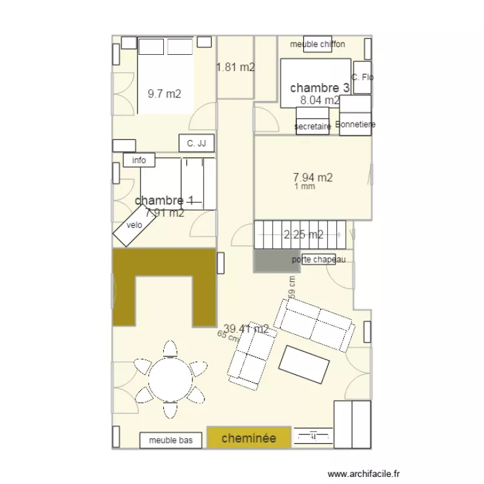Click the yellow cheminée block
[248, 438]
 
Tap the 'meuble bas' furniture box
[171, 440]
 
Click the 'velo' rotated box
[134, 225]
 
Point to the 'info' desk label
[139, 160]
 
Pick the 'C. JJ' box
[196, 143]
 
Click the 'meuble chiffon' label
[318, 44]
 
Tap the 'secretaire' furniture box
[312, 126]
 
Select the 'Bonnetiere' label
[356, 124]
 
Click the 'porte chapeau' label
[318, 259]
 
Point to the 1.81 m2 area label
[235, 67]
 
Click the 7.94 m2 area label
[312, 177]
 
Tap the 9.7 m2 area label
[164, 94]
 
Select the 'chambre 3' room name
[319, 88]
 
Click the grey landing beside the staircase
[272, 261]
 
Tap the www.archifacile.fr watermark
[364, 474]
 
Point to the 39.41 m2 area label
[246, 329]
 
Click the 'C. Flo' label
[362, 77]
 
